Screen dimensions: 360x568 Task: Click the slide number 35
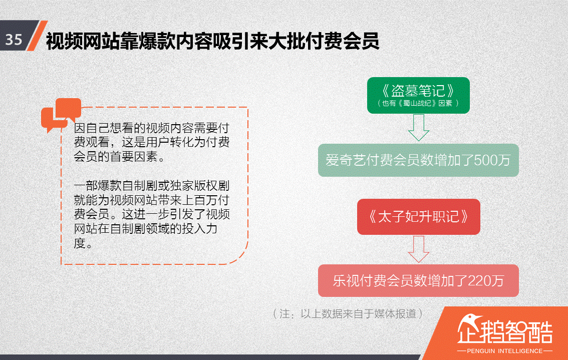pyautogui.click(x=14, y=40)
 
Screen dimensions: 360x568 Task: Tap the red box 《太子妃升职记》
pyautogui.click(x=418, y=217)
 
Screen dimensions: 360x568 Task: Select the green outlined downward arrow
pyautogui.click(x=418, y=128)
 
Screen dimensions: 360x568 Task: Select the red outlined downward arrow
pyautogui.click(x=418, y=249)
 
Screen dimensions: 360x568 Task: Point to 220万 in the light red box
pyautogui.click(x=485, y=281)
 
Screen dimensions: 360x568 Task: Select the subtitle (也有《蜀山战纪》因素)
pyautogui.click(x=418, y=103)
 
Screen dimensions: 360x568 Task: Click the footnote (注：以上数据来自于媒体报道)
pyautogui.click(x=349, y=314)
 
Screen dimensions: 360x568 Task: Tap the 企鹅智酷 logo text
pyautogui.click(x=505, y=331)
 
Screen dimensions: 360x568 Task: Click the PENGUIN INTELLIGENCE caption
pyautogui.click(x=505, y=350)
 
